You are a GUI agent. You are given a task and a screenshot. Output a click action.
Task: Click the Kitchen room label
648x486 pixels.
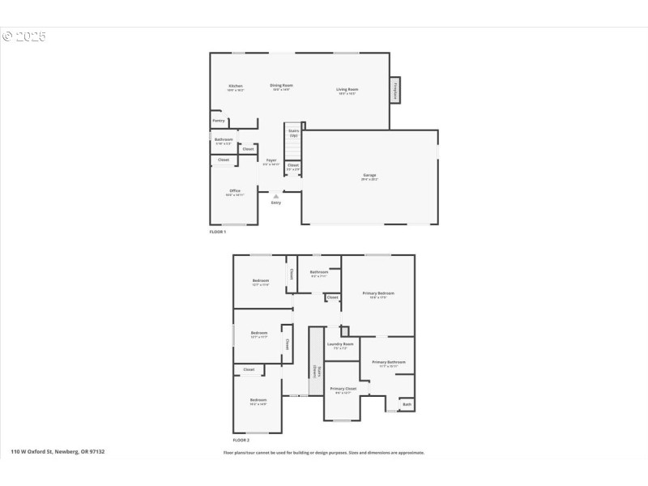236,87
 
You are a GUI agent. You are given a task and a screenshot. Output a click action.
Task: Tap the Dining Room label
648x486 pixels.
282,86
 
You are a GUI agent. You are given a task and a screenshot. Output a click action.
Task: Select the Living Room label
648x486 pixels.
347,90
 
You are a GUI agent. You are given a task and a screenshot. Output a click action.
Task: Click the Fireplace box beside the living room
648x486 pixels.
396,89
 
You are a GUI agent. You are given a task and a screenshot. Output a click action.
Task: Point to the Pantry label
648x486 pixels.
219,121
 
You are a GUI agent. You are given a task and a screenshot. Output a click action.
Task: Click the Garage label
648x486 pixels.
369,176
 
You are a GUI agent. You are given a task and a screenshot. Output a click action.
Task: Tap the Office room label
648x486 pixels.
235,191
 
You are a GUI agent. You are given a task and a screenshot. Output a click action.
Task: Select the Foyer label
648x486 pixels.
271,160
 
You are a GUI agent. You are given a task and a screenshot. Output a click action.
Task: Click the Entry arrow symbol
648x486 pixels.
276,195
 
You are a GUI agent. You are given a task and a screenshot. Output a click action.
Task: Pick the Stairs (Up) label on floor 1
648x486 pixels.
293,133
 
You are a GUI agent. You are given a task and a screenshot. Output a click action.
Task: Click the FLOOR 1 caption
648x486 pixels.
218,232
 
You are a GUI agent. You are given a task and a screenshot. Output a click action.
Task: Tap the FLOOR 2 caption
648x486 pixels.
241,440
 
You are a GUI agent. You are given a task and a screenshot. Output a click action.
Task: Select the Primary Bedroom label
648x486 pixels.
378,293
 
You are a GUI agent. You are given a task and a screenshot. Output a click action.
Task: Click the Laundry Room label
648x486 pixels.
340,344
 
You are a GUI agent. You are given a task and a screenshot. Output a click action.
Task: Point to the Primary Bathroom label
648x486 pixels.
389,363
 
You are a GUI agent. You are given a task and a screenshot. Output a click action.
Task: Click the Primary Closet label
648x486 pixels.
343,390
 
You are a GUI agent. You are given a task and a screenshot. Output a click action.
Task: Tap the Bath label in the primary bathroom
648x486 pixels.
407,404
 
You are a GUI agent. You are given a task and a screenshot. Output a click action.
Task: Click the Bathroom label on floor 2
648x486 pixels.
319,272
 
